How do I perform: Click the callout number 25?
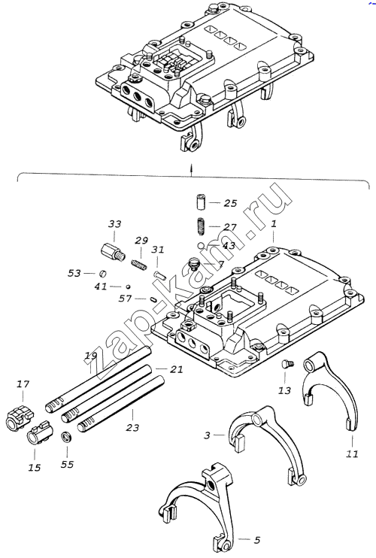point(230,203)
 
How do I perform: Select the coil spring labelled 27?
point(202,226)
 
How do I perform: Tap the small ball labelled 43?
point(202,245)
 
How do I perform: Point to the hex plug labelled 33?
point(112,252)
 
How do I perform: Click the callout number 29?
point(141,240)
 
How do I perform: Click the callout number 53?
point(74,273)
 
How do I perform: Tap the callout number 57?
point(125,299)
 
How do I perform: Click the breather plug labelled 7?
point(194,264)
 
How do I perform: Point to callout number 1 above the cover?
point(274,225)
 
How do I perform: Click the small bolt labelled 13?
point(288,364)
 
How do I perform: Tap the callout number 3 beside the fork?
point(207,435)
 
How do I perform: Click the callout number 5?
point(257,540)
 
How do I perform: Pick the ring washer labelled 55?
point(66,436)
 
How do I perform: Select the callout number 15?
point(35,467)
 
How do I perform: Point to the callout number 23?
point(132,427)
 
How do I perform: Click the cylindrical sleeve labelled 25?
point(202,202)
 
